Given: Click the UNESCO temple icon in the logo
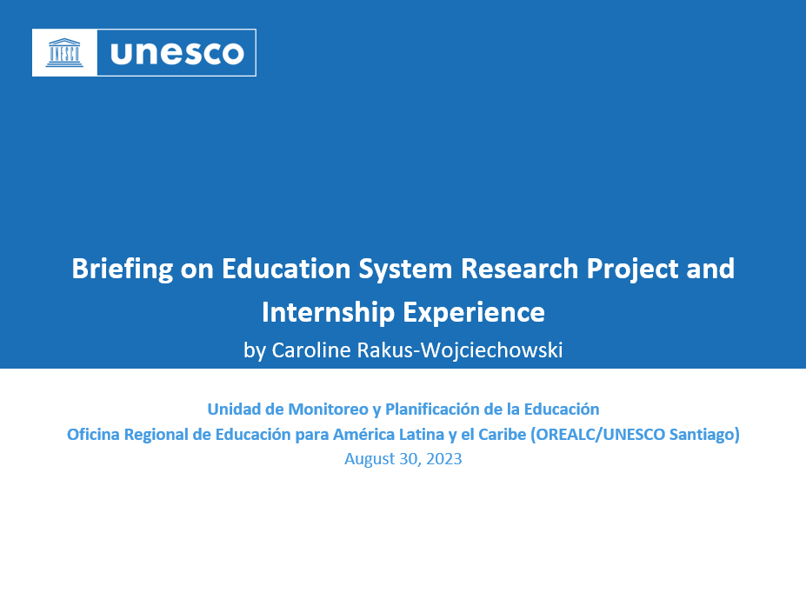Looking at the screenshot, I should click(x=64, y=52).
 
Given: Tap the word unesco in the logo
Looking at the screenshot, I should click(x=177, y=53).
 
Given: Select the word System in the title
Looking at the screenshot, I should click(x=406, y=269).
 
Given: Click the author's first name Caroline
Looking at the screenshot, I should click(x=309, y=350).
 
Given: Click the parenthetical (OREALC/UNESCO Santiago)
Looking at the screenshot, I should click(x=635, y=435).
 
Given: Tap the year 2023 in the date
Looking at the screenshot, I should click(x=444, y=459).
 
